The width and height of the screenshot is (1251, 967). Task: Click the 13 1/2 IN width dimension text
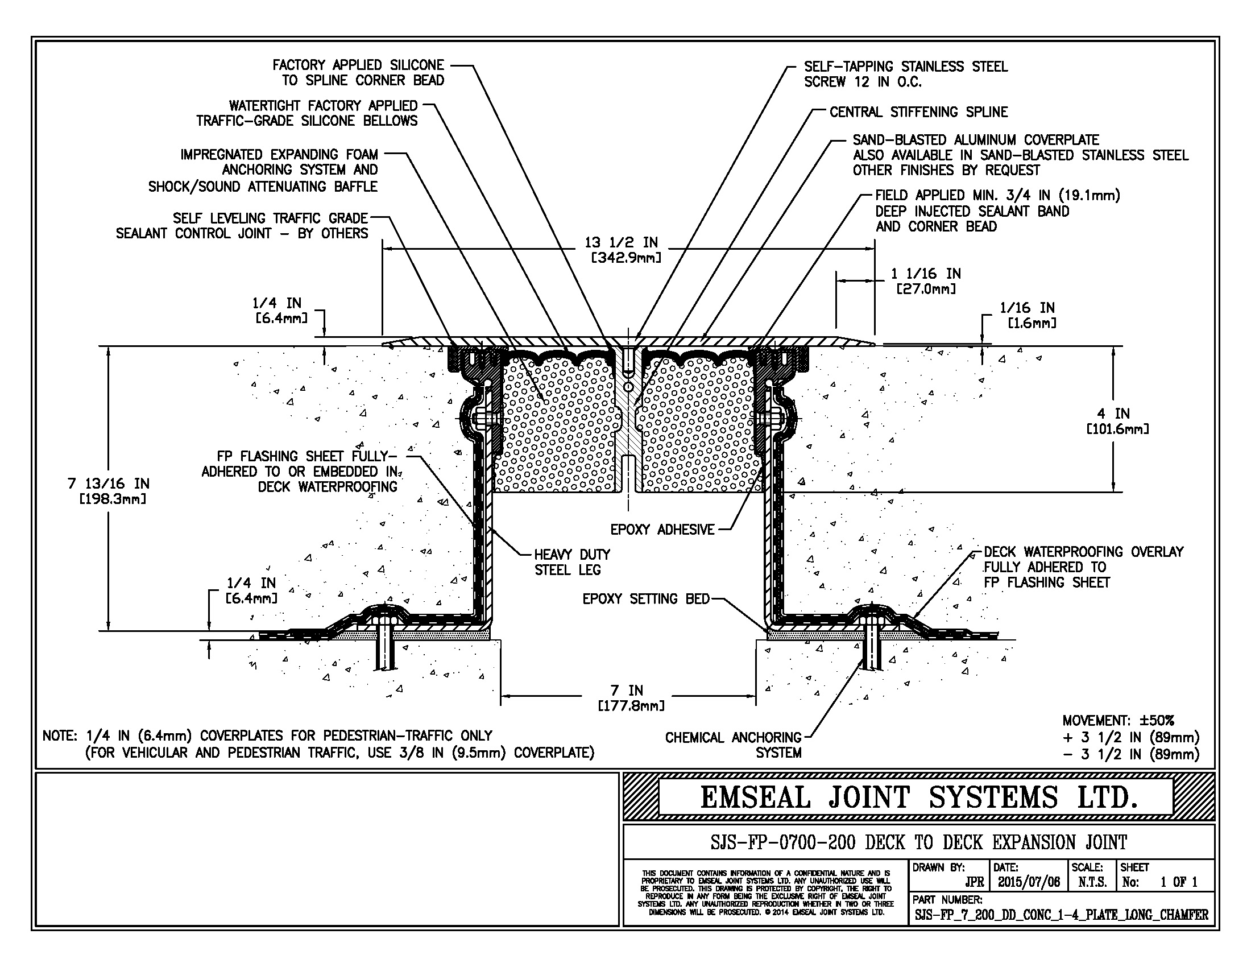tap(625, 250)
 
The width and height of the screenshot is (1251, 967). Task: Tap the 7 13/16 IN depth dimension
tap(108, 491)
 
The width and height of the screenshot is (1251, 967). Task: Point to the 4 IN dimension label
tap(1117, 421)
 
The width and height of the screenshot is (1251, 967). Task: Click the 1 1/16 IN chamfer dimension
tap(926, 280)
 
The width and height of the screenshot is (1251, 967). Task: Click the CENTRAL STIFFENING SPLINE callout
tap(918, 112)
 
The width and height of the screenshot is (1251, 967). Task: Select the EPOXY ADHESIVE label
tap(662, 530)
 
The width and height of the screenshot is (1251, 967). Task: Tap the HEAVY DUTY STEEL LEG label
tap(571, 562)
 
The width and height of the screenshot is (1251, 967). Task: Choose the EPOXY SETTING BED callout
tap(645, 599)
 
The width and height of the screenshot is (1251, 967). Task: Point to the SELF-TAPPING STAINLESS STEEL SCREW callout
tap(905, 75)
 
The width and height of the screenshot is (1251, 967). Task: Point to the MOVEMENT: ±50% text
tap(1117, 721)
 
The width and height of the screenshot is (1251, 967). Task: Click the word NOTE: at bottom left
tap(60, 735)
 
